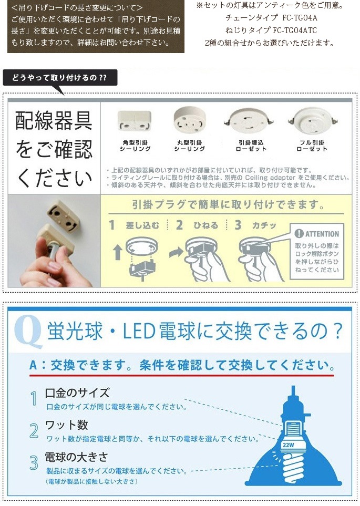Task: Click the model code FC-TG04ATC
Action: [x=295, y=30]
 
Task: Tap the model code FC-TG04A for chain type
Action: [x=300, y=18]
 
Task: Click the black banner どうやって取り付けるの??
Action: [x=60, y=78]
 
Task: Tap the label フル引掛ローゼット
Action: [x=312, y=146]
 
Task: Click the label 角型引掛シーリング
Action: [x=135, y=146]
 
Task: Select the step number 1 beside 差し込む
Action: [x=112, y=225]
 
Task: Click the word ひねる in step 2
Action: [x=205, y=225]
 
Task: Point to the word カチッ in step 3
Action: [x=264, y=225]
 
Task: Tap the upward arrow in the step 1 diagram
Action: [x=118, y=252]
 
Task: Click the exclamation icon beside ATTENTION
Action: [x=299, y=233]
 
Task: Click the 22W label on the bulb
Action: [x=289, y=446]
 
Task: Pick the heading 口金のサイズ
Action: [x=77, y=393]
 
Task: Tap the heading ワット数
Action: [x=67, y=425]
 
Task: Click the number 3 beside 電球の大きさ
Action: [x=34, y=463]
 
